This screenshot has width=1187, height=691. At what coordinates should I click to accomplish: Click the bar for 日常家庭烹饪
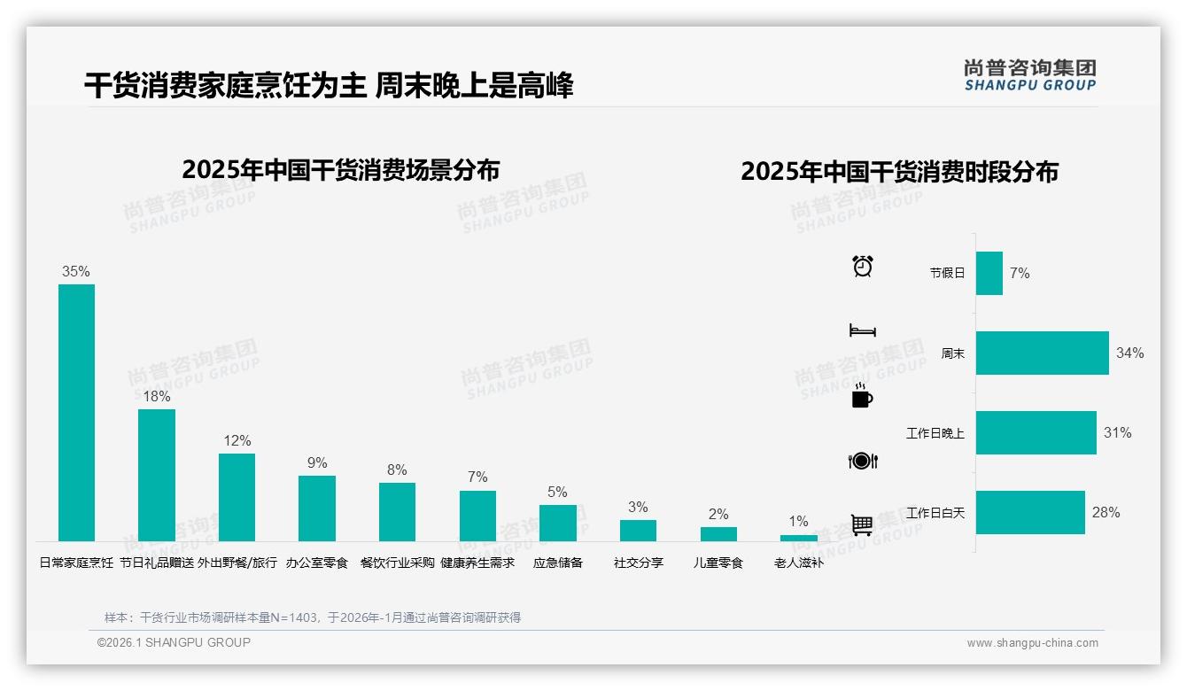(x=76, y=412)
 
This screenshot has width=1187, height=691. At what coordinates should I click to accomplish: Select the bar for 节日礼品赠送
(x=157, y=475)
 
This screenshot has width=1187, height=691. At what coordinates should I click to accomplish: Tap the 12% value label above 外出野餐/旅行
(x=237, y=440)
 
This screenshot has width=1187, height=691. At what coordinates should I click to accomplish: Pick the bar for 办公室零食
(x=317, y=508)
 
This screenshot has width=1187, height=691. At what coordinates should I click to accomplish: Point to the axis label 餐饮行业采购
(x=398, y=563)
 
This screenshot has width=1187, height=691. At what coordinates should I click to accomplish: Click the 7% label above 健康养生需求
(x=477, y=477)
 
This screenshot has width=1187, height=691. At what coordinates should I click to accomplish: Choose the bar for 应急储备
(x=558, y=523)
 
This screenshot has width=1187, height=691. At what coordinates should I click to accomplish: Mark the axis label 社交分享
(x=638, y=563)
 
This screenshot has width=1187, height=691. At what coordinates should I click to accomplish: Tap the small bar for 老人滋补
(x=799, y=538)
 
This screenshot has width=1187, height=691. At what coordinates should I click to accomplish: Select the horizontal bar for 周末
(x=1042, y=353)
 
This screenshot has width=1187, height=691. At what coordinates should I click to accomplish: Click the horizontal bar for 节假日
(x=989, y=273)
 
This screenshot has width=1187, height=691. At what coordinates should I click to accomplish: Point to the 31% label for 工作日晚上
(x=1117, y=432)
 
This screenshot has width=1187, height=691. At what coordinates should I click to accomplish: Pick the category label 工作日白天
(x=935, y=513)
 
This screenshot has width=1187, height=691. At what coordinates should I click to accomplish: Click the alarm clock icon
(x=863, y=266)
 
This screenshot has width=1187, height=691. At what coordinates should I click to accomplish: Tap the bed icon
(x=863, y=330)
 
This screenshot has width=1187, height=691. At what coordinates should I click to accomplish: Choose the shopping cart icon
(x=862, y=524)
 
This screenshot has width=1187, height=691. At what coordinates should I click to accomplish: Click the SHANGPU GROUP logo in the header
(x=1029, y=75)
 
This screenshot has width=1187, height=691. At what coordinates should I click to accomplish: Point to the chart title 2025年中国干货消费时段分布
(x=899, y=172)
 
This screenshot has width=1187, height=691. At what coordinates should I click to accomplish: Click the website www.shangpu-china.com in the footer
(x=1032, y=643)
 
